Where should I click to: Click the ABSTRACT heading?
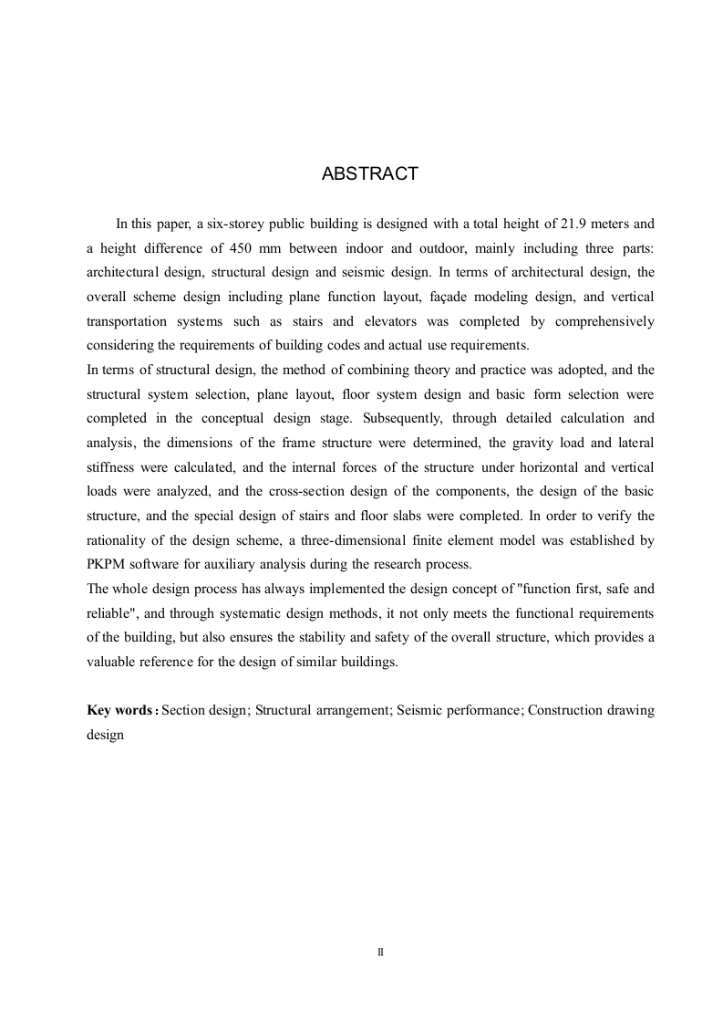[369, 174]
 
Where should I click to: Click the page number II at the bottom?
[380, 952]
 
